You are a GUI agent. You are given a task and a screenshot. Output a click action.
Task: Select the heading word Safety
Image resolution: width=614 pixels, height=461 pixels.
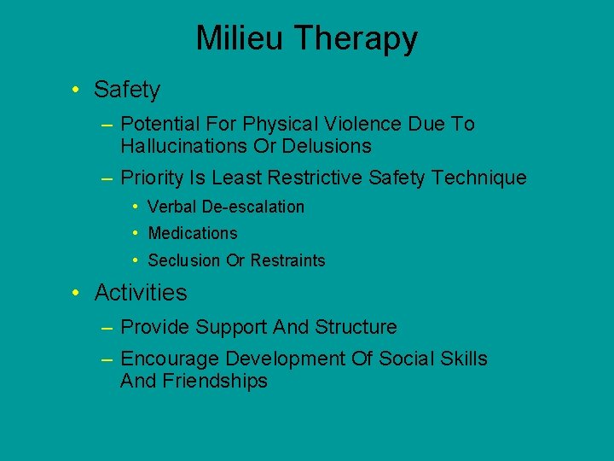pyautogui.click(x=127, y=89)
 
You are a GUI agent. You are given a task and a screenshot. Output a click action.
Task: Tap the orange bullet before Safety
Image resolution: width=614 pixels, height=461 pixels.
pyautogui.click(x=77, y=89)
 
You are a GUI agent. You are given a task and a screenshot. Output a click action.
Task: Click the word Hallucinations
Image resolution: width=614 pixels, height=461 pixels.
pyautogui.click(x=184, y=147)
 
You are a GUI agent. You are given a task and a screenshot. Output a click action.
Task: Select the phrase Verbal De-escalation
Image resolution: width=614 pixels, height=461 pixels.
pyautogui.click(x=226, y=207)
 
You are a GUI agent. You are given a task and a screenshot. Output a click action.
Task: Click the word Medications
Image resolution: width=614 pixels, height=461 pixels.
pyautogui.click(x=193, y=233)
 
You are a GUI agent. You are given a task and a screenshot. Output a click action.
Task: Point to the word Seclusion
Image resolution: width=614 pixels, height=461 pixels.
pyautogui.click(x=184, y=260)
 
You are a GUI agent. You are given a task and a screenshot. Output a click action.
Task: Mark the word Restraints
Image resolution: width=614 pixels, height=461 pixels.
pyautogui.click(x=287, y=260)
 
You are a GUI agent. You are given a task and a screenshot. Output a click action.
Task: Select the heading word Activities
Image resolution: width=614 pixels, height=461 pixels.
pyautogui.click(x=141, y=293)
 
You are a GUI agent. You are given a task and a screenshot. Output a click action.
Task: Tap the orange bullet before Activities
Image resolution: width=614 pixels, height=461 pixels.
pyautogui.click(x=77, y=293)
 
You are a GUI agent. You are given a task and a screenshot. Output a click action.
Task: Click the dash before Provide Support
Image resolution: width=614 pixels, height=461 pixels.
pyautogui.click(x=107, y=327)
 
